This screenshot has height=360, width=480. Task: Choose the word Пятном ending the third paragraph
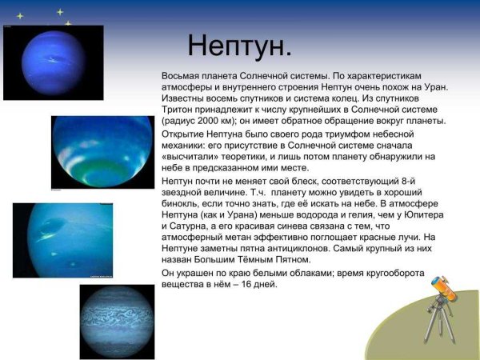[290, 260]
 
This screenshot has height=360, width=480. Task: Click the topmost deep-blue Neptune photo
[53, 62]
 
